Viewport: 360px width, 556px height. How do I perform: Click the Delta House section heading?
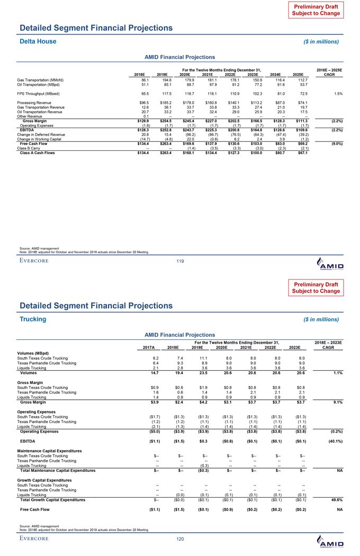(x=38, y=41)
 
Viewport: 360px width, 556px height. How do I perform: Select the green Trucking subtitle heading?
(x=33, y=319)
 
